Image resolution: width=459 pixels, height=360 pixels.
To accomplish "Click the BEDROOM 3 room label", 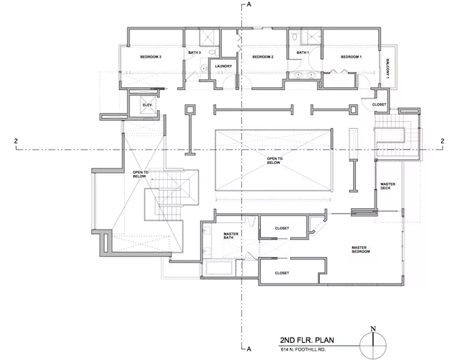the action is click(x=151, y=57).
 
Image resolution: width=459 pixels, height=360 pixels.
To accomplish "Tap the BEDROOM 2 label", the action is click(x=262, y=57).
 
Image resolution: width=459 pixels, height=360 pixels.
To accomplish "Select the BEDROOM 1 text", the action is click(x=351, y=57).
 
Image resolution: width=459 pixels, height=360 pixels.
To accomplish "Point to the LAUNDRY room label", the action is click(x=223, y=66).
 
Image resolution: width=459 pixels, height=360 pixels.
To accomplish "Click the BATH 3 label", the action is click(x=195, y=53).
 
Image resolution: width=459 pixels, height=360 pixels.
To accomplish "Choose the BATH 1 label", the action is click(x=303, y=53).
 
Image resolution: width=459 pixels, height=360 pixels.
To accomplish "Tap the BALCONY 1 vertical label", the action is click(x=388, y=69).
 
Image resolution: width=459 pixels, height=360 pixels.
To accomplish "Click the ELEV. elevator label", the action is click(x=148, y=104).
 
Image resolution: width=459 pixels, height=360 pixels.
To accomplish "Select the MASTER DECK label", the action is click(x=388, y=186).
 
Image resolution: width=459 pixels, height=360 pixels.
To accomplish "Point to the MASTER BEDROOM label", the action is click(x=360, y=249).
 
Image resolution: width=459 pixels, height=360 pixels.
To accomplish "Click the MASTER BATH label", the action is click(x=231, y=235).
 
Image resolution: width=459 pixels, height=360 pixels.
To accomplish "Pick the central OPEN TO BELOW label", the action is click(x=275, y=161).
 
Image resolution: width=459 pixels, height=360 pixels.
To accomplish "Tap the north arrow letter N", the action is click(x=373, y=329).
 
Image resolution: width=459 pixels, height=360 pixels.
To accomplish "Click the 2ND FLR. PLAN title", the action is click(x=307, y=340).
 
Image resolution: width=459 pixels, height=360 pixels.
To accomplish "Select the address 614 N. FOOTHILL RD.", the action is click(x=303, y=349).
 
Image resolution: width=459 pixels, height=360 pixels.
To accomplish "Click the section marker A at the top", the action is click(x=249, y=4).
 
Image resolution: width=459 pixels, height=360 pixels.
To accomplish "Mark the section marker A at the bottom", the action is click(x=249, y=349).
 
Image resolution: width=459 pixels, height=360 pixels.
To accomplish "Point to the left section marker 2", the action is click(x=16, y=141).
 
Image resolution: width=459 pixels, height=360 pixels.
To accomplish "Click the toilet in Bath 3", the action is click(x=213, y=53).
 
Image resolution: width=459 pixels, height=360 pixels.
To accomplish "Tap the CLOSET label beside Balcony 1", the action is click(x=379, y=104).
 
